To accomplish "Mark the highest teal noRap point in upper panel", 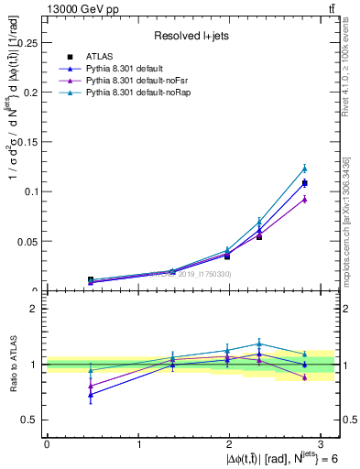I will pyautogui.click(x=305, y=169).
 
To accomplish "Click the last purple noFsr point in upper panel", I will pyautogui.click(x=305, y=199).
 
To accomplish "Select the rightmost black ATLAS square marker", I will pyautogui.click(x=305, y=183).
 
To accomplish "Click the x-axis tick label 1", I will pyautogui.click(x=139, y=444).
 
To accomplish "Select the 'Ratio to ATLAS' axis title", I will pyautogui.click(x=12, y=365).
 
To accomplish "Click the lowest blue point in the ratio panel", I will pyautogui.click(x=90, y=395).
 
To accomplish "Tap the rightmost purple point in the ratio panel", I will pyautogui.click(x=305, y=377).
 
